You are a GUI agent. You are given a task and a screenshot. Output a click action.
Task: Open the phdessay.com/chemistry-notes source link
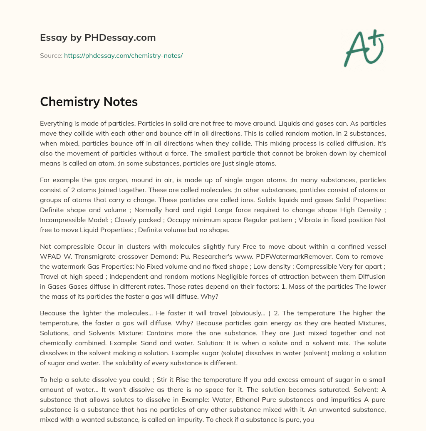click(x=123, y=55)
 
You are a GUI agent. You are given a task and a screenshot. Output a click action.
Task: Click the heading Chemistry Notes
click(x=89, y=102)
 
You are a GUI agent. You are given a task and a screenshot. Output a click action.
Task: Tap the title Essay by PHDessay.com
click(x=98, y=37)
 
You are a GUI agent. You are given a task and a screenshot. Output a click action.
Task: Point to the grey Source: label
click(x=51, y=55)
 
